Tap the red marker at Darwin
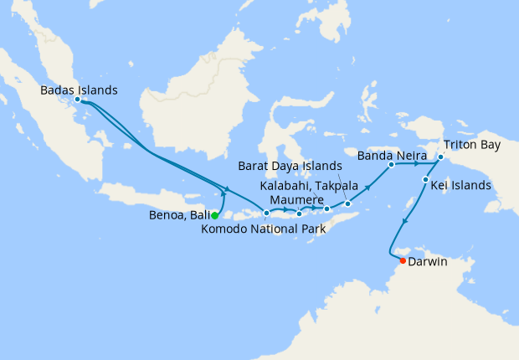click(x=403, y=261)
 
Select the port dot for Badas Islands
click(x=77, y=100)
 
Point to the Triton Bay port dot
click(x=440, y=156)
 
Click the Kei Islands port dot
click(x=425, y=180)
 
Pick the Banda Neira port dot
click(x=391, y=165)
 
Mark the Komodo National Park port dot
click(x=266, y=213)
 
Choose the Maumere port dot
click(x=299, y=213)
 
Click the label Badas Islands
click(x=79, y=90)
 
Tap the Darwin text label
click(x=429, y=262)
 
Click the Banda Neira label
click(x=392, y=155)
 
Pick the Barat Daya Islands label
click(x=290, y=165)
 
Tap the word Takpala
click(x=337, y=184)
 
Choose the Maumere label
click(x=297, y=201)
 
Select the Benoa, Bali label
click(x=177, y=216)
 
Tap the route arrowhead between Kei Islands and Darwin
click(x=406, y=222)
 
